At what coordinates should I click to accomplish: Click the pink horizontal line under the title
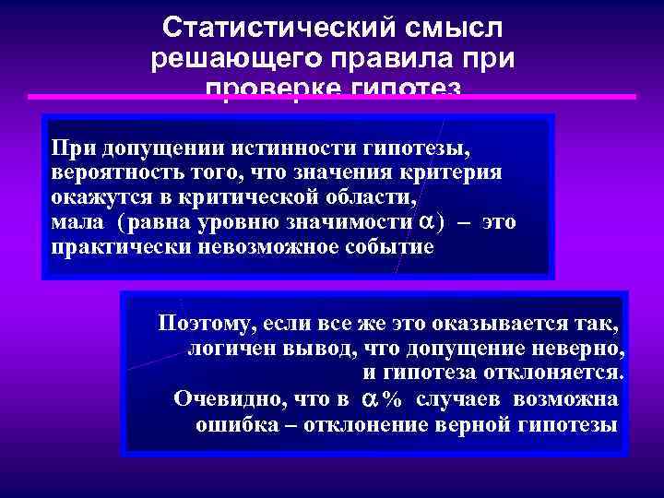tap(332, 96)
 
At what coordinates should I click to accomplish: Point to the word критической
tap(227, 197)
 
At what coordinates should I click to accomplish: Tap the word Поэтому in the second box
tap(207, 324)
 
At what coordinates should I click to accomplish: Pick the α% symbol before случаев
tap(381, 399)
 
